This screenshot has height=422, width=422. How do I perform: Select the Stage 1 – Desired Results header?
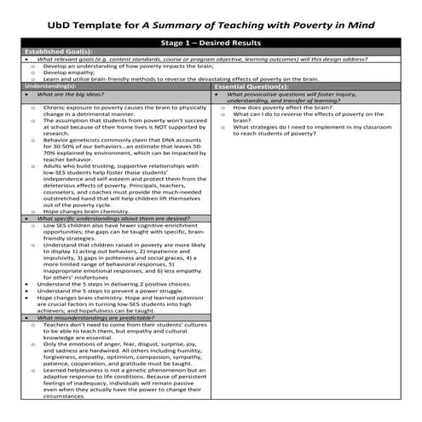tap(211, 40)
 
